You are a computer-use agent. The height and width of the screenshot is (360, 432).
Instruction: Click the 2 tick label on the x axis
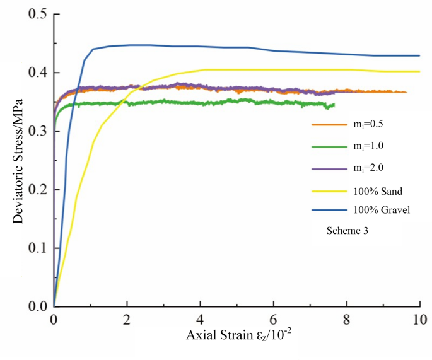click(x=127, y=320)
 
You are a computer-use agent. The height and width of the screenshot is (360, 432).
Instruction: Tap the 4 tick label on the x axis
click(x=200, y=320)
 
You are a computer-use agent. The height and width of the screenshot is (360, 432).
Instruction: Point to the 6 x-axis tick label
click(x=273, y=320)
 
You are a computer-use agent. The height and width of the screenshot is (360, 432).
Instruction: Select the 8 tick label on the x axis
click(x=346, y=320)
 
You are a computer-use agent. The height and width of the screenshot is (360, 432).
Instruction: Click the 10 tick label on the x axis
click(x=419, y=320)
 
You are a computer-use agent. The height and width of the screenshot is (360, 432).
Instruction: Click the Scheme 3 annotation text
click(x=347, y=231)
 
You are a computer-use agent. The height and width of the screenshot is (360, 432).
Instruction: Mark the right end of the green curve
click(x=334, y=105)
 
